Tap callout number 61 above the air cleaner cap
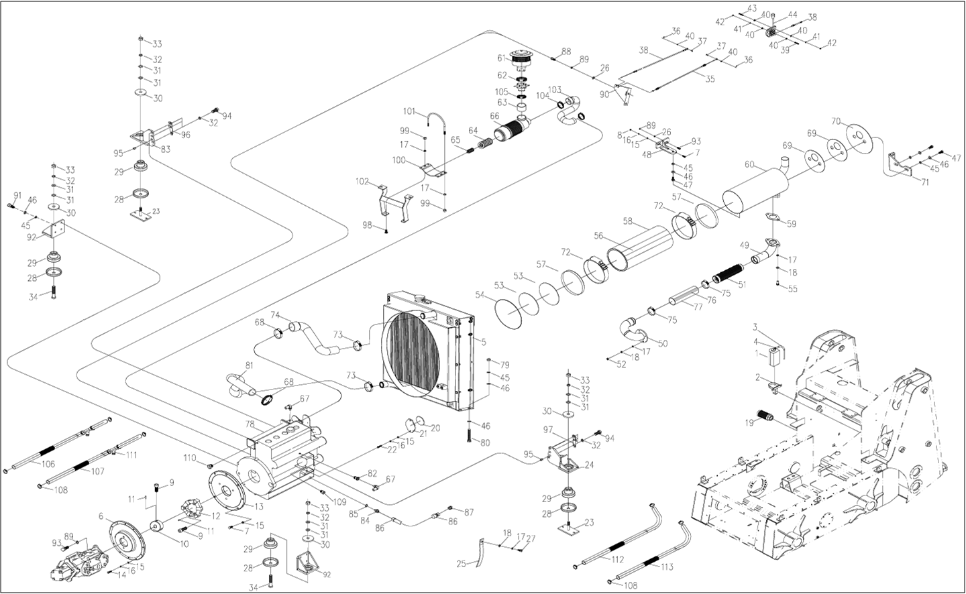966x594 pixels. click(501, 58)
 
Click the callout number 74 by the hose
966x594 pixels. click(275, 315)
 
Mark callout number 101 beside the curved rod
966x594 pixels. click(409, 111)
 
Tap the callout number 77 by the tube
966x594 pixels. click(698, 307)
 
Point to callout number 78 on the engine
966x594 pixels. click(250, 424)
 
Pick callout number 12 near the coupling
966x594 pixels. click(216, 516)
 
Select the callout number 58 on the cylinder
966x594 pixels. click(628, 221)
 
